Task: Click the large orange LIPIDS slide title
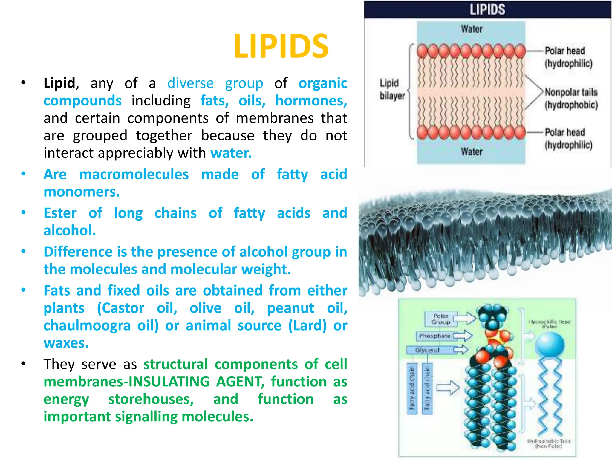281,47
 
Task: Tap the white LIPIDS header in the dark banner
487,9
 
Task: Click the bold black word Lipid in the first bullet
59,83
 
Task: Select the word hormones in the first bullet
311,101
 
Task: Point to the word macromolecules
134,174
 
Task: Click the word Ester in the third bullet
60,213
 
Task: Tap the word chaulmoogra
87,325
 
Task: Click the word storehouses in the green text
151,399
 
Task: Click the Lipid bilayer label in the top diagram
392,89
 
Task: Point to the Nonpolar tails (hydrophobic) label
571,98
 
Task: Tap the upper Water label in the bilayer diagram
472,29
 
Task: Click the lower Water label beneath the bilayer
472,152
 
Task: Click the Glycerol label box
427,350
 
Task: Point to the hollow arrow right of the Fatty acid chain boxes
448,388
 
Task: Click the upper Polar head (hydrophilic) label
568,57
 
